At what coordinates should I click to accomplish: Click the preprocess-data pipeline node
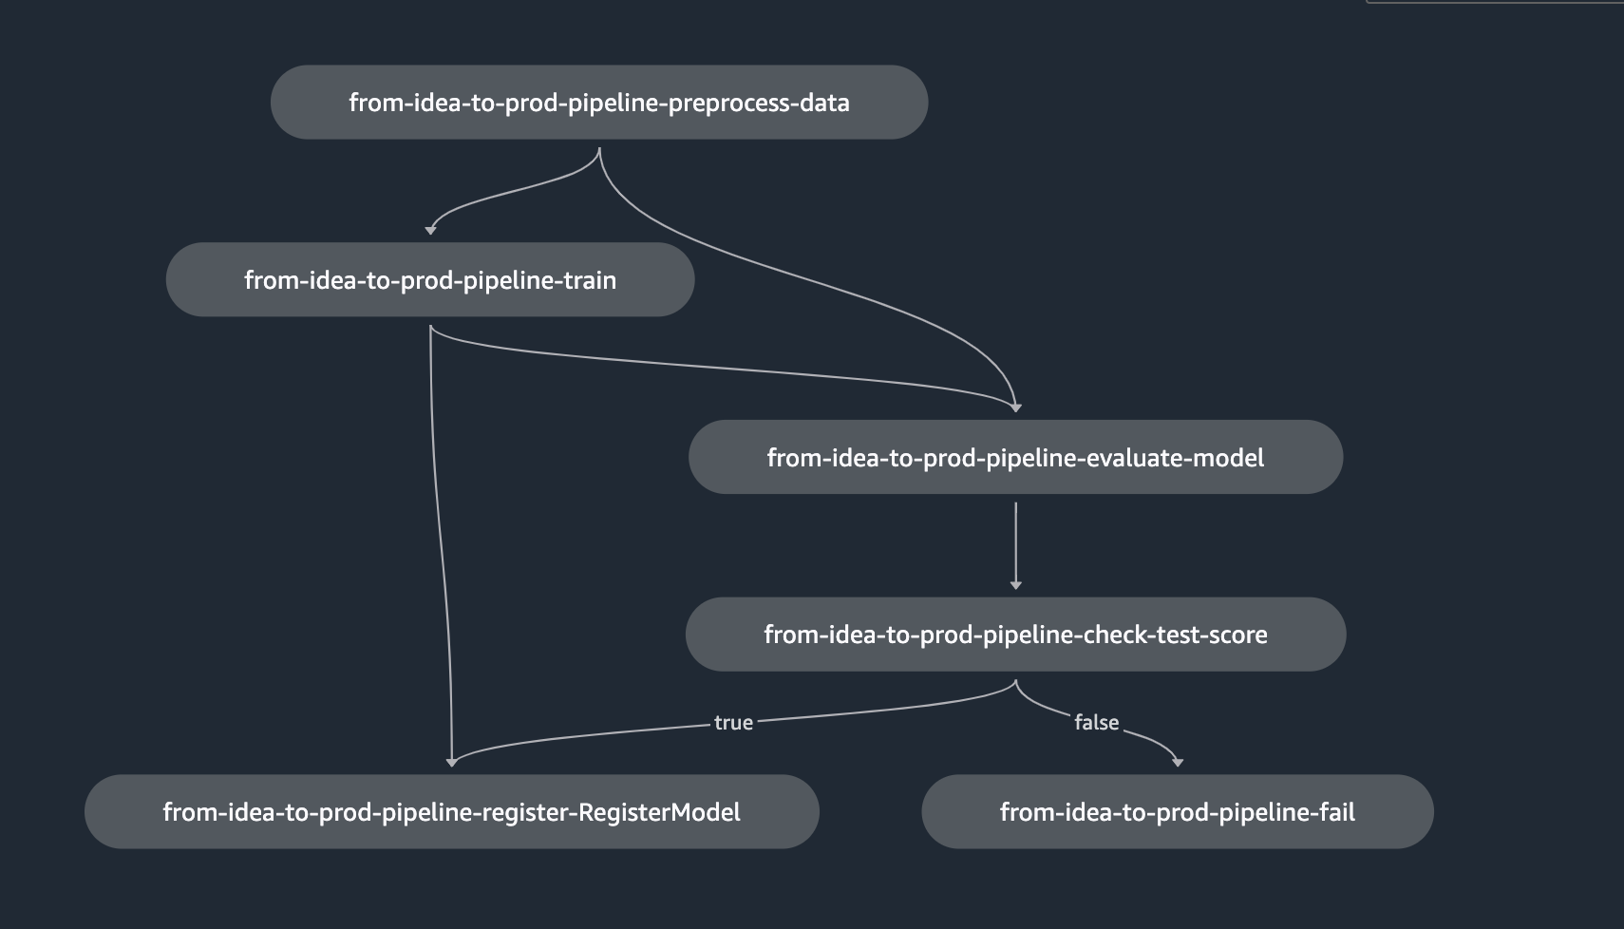(x=599, y=103)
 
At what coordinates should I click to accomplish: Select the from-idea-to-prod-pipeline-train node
(x=430, y=279)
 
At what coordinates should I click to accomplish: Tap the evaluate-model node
(x=1015, y=457)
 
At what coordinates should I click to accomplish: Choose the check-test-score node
(x=1015, y=634)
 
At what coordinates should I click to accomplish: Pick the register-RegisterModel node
(x=452, y=811)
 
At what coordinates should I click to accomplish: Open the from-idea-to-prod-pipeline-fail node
(x=1178, y=811)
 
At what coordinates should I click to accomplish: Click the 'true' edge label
(x=733, y=722)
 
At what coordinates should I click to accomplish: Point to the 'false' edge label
(x=1096, y=722)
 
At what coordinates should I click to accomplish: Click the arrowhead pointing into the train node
(x=430, y=230)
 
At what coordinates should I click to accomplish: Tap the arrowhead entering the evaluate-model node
(x=1016, y=408)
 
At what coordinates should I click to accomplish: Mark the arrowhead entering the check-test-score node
(x=1016, y=584)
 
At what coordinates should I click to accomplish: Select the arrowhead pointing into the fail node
(x=1178, y=762)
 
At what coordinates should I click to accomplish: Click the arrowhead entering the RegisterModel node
(x=452, y=762)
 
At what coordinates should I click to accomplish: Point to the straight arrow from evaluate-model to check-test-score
(x=1016, y=545)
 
